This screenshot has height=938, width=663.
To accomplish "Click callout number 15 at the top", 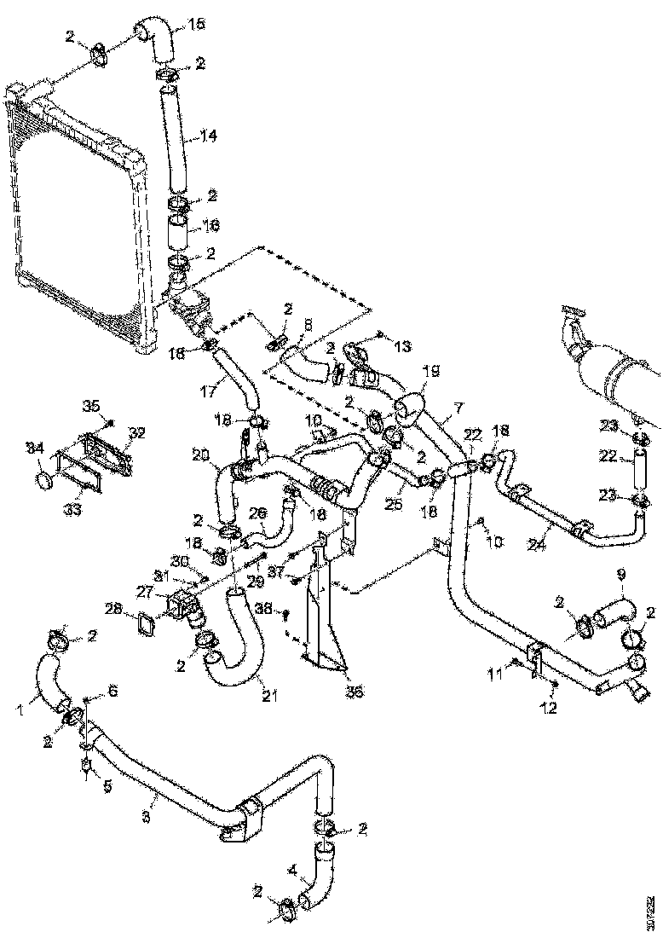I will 197,25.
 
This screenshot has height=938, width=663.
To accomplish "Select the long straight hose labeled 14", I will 175,136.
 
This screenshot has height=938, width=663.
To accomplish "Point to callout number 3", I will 146,818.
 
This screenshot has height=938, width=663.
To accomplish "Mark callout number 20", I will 201,455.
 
